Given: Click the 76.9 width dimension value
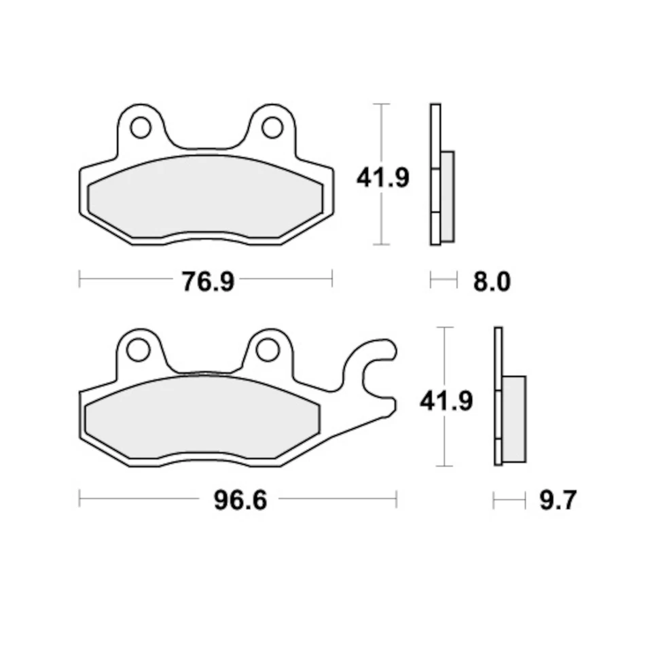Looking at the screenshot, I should [207, 280].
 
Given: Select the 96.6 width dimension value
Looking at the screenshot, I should [240, 501].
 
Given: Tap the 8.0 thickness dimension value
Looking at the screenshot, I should [491, 280].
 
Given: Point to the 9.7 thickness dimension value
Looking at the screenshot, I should [558, 501].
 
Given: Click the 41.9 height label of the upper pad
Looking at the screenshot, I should [383, 178].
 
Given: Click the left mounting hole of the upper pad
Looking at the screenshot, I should [141, 127].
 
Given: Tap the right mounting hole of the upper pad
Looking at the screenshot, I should [272, 127].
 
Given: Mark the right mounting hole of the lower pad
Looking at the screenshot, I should [267, 350].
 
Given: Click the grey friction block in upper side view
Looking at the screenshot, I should [448, 196].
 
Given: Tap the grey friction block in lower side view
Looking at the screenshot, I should [513, 418].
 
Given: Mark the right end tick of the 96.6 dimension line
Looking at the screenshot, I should [397, 501].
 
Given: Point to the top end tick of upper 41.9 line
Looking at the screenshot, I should [383, 104].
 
